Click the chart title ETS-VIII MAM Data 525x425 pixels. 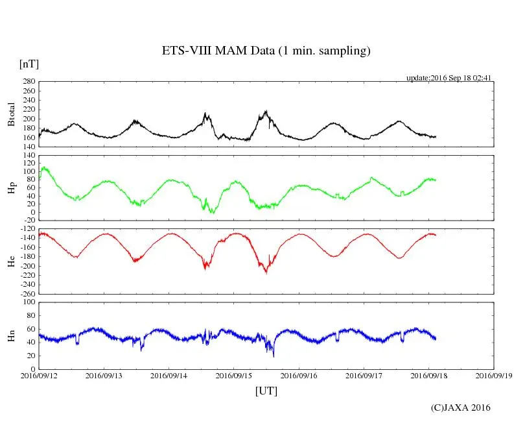pos(266,51)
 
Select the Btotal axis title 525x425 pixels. pos(11,114)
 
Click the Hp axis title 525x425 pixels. pos(11,188)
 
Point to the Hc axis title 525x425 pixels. pos(11,261)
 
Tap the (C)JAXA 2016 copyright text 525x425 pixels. pos(460,407)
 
